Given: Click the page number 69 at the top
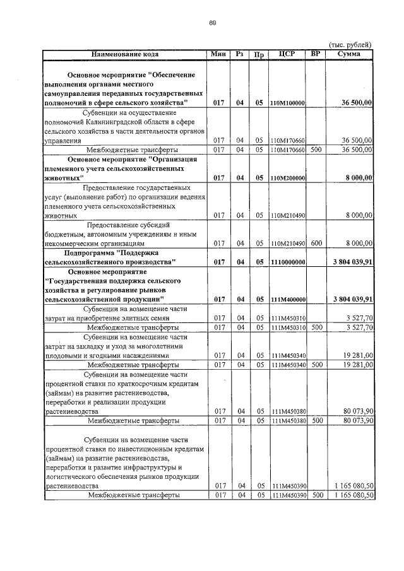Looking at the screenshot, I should click(213, 23).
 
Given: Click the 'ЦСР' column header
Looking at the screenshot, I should click(287, 54).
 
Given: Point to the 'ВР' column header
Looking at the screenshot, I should click(315, 54).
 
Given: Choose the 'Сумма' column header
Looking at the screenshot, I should click(348, 54).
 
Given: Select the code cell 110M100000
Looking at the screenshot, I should click(287, 103).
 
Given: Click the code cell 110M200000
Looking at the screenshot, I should click(287, 179).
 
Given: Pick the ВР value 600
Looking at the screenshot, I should click(316, 242).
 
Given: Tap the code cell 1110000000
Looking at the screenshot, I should click(287, 261).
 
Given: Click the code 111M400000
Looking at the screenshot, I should click(287, 299).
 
